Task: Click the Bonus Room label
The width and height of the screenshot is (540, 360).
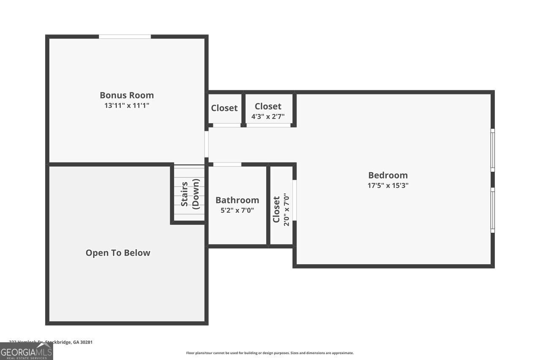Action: tap(127, 95)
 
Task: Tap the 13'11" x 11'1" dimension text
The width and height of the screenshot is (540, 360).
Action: tap(127, 106)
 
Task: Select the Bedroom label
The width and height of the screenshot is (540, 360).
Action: tap(388, 175)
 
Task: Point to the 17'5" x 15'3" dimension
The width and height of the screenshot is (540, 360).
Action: tap(388, 185)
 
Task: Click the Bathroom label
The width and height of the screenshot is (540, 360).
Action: tap(237, 200)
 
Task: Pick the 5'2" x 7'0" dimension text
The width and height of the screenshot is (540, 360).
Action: tap(237, 210)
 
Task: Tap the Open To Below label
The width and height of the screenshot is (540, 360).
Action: tap(118, 253)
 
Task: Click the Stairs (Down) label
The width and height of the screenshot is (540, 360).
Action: tap(190, 194)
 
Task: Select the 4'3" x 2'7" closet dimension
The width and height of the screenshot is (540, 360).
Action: tap(268, 116)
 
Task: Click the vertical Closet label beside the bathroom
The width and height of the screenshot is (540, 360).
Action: tap(276, 209)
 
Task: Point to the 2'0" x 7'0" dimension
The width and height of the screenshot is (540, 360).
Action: tap(286, 209)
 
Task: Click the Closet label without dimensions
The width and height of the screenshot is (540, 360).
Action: tap(224, 108)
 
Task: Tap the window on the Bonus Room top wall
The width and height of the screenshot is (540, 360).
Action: tap(125, 37)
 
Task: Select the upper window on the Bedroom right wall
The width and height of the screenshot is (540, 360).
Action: tap(492, 150)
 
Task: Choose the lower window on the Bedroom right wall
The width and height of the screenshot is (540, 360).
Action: tap(492, 210)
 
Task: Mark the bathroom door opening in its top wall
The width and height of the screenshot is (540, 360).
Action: tap(227, 164)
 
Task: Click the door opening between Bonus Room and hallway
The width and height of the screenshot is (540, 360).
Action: tap(206, 144)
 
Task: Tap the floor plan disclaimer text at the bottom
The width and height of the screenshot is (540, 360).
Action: tap(270, 353)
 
